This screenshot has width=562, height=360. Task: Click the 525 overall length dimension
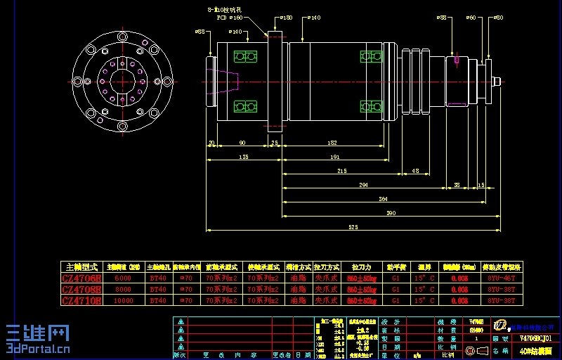coord(353,226)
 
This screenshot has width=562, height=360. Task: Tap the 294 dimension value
coord(363,185)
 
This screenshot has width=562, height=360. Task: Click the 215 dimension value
coord(342,171)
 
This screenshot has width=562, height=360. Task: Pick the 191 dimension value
coord(334,157)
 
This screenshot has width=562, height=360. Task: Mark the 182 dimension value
coord(332,143)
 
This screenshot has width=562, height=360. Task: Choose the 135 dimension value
coord(244,157)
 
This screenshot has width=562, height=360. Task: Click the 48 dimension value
coord(415,171)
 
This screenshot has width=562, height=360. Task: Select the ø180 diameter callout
coord(286,18)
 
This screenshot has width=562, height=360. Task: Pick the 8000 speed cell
coord(124,290)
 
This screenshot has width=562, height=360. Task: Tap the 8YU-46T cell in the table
coord(502,279)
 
